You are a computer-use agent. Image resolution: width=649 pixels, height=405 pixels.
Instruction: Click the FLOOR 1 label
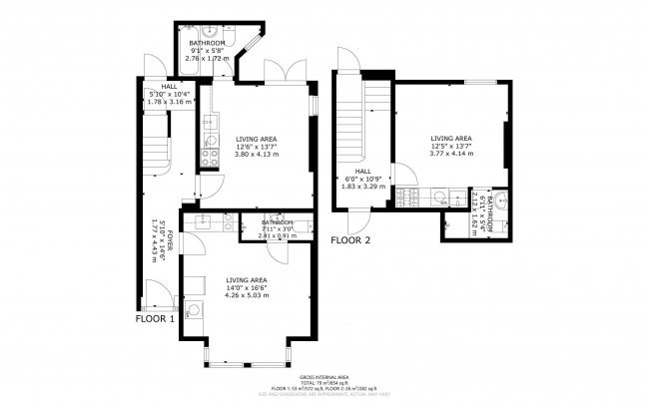(155, 319)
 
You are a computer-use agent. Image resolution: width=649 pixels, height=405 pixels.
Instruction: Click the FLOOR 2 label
(350, 240)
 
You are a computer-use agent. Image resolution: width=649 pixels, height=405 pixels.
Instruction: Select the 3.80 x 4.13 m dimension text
(256, 154)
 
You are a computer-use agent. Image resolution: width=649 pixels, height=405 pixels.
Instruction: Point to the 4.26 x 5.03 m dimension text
(247, 295)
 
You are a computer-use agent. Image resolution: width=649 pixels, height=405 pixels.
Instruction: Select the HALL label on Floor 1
(156, 86)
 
